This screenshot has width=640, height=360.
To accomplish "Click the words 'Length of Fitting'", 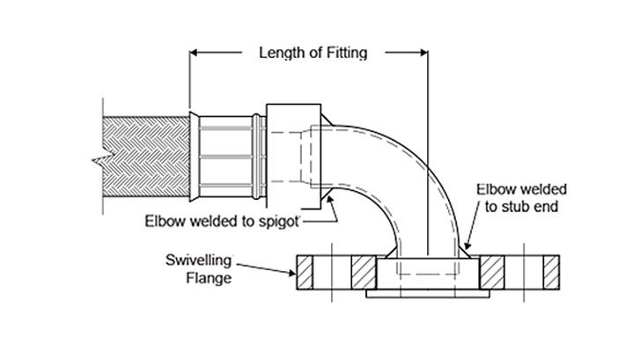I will (x=312, y=52).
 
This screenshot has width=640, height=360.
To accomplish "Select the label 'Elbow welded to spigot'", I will (x=224, y=220).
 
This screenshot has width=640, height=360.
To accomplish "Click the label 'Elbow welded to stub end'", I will (x=522, y=198).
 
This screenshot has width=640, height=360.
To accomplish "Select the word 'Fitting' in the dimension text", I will (x=346, y=52).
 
